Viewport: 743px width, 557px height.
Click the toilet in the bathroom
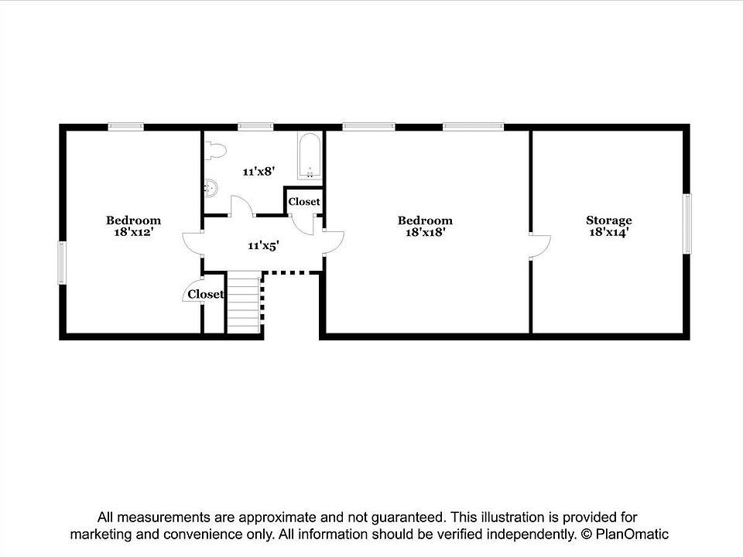coord(216,150)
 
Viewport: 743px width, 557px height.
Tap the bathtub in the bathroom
coord(310,155)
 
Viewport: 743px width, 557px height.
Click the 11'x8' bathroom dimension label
coord(259,172)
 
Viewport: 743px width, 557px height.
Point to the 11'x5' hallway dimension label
coord(263,245)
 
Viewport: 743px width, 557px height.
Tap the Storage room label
coord(609,220)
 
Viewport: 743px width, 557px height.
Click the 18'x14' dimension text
coord(609,232)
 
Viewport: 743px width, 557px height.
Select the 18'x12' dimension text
coord(134,232)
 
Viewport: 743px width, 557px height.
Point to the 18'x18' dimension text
coord(425,232)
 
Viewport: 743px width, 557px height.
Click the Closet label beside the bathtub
coord(304,202)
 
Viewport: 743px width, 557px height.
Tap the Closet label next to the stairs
coord(206,294)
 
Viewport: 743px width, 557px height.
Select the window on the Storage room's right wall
coord(687,224)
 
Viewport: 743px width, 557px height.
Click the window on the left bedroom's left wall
coord(62,263)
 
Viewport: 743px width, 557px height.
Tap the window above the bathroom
coord(256,126)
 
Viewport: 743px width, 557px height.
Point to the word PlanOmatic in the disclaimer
coord(632,535)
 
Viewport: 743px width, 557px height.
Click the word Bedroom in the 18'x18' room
coord(425,220)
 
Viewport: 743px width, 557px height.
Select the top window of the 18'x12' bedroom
coord(125,126)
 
